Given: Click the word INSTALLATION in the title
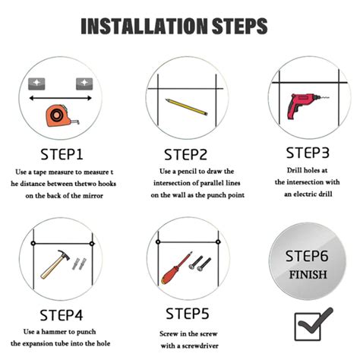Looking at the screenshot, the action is (x=144, y=26).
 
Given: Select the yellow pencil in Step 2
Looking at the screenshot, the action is (x=186, y=107).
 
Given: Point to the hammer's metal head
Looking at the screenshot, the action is (x=63, y=254).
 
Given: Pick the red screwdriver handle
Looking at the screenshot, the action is (x=170, y=273).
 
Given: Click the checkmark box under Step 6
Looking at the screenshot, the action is (x=308, y=327).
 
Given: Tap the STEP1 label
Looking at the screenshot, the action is (x=62, y=154).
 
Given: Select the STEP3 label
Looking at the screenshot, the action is (x=308, y=153).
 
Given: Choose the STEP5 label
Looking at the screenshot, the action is (x=188, y=314).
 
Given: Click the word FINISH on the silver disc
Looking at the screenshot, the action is (x=308, y=274).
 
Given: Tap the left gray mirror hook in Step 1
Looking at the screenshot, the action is (x=36, y=84).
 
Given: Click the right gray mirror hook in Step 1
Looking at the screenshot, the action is (x=84, y=84).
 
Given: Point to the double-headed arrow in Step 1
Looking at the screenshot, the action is (x=60, y=98).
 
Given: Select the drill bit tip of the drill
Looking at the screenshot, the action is (x=329, y=97).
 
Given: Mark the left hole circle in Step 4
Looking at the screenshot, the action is (x=33, y=243).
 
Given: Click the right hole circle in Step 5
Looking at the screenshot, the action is (x=218, y=242).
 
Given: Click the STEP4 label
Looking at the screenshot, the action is (x=62, y=315).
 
